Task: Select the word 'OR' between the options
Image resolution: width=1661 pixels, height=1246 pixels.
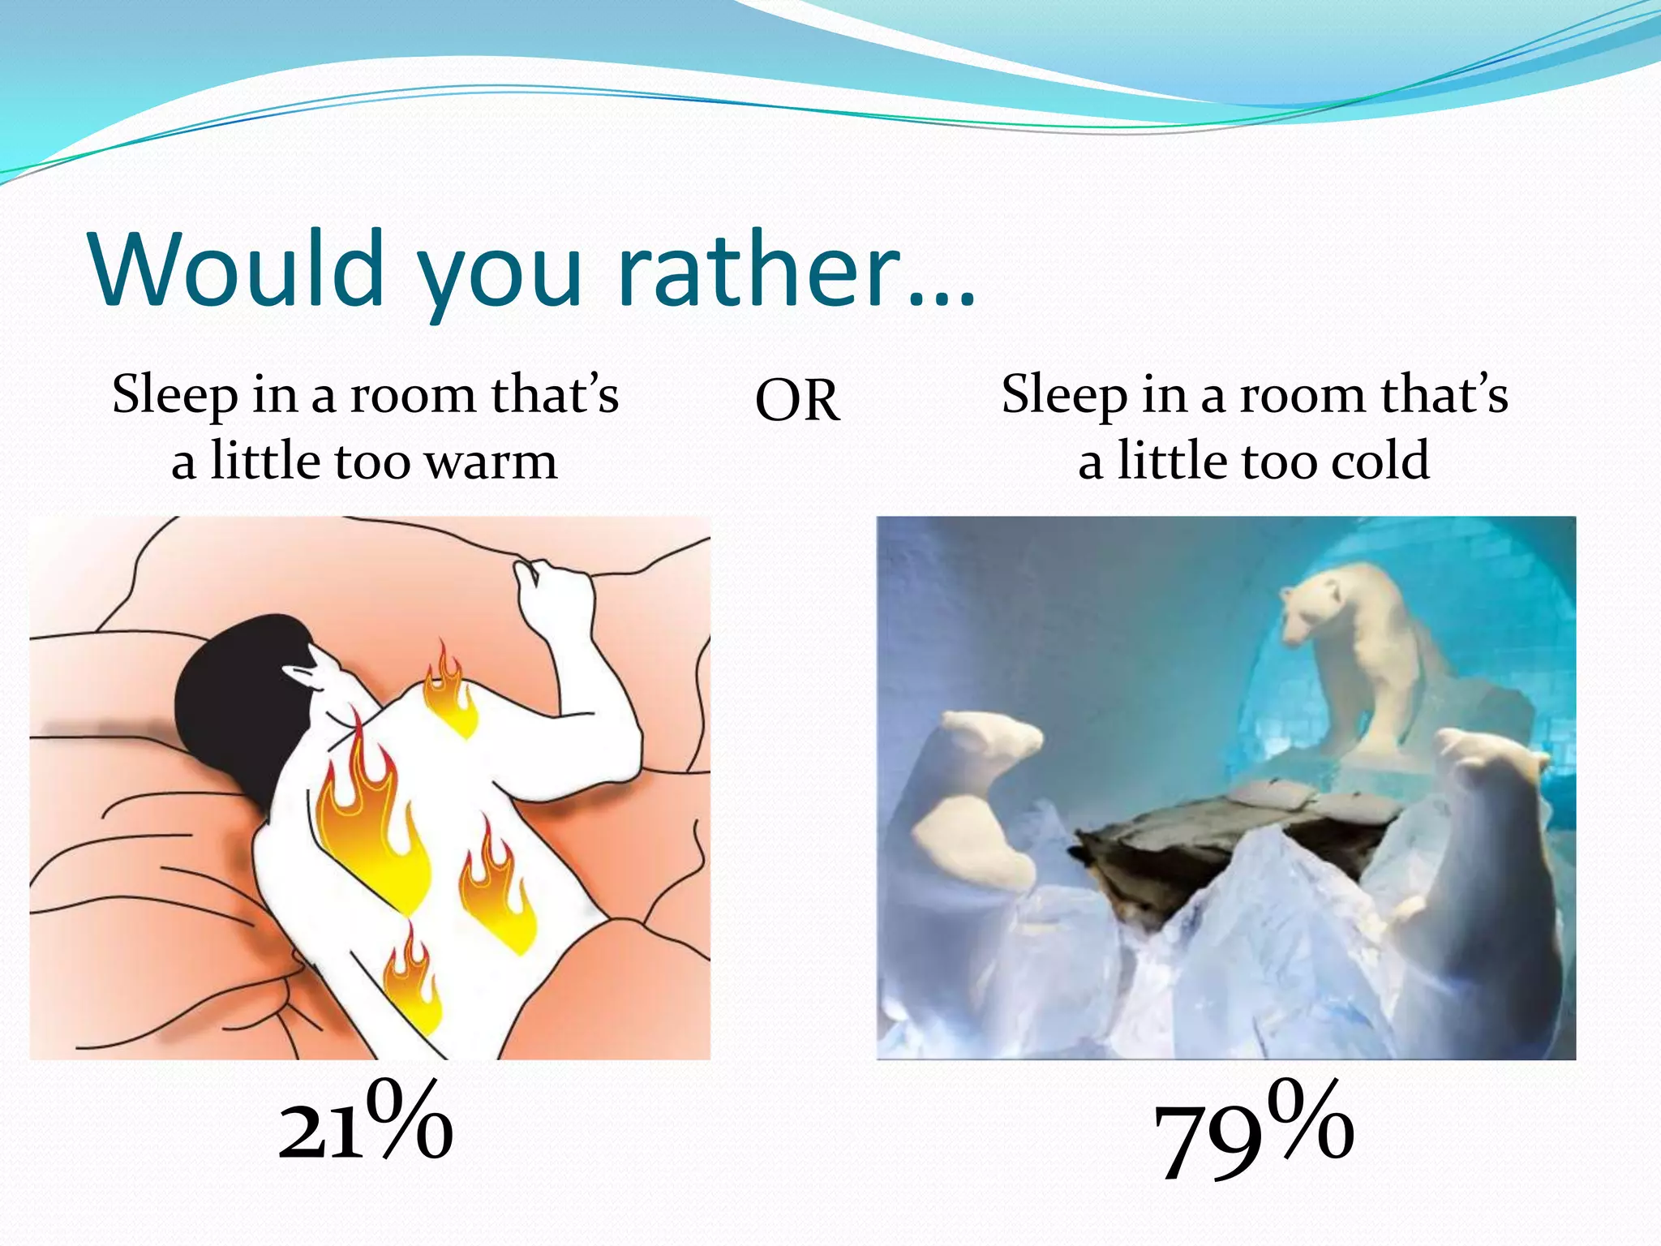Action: tap(797, 401)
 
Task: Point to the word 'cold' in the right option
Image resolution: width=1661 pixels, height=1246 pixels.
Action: tap(1380, 461)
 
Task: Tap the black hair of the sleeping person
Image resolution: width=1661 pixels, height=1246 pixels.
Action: tap(235, 698)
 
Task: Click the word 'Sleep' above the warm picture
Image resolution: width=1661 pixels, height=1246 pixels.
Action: tap(174, 396)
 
